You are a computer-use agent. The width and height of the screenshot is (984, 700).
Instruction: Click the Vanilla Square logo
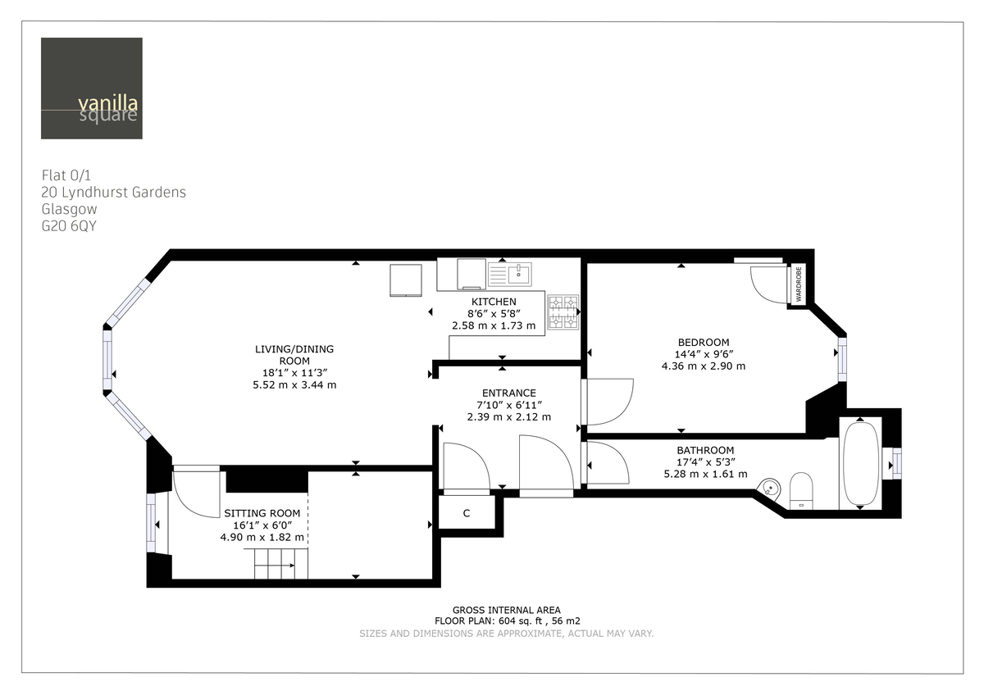tap(91, 89)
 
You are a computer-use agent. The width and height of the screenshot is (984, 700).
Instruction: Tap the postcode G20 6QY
tap(69, 226)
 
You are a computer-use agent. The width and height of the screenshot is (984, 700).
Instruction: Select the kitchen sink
tap(509, 274)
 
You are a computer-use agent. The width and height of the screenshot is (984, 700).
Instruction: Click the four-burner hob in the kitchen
tap(563, 312)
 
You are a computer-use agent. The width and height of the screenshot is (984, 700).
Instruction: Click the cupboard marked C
tap(466, 514)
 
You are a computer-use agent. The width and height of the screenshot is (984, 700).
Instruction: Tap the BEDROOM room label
tap(703, 342)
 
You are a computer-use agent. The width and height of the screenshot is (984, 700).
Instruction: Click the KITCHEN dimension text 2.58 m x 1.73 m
tap(494, 325)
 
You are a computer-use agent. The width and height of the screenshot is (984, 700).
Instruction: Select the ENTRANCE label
tap(508, 393)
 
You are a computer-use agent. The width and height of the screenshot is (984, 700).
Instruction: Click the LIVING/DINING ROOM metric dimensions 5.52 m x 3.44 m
tap(294, 384)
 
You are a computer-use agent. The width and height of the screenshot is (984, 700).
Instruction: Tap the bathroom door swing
tap(607, 463)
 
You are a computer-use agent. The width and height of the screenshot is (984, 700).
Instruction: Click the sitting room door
tap(194, 492)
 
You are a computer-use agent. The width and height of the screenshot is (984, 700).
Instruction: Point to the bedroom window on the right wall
tap(840, 359)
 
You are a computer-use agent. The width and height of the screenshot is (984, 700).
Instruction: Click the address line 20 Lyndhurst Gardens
tap(113, 193)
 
